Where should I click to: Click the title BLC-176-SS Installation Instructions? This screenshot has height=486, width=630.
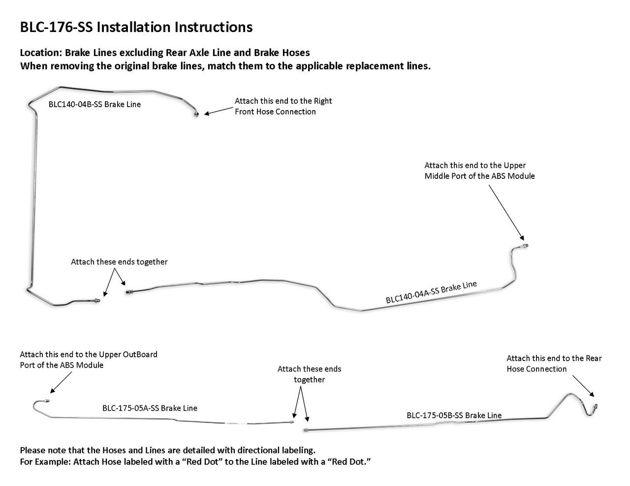tap(136, 28)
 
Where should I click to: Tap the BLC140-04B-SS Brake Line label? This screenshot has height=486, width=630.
tap(94, 104)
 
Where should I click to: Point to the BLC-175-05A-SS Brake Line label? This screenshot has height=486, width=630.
tap(150, 408)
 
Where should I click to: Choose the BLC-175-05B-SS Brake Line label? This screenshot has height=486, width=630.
tap(454, 415)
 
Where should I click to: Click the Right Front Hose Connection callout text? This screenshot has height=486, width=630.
tap(283, 106)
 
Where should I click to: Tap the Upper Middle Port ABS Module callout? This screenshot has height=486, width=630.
tap(479, 171)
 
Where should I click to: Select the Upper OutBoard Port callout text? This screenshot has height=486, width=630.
tap(89, 360)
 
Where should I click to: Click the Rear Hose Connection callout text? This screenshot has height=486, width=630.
tap(554, 364)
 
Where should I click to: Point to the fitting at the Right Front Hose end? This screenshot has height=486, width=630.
tap(196, 114)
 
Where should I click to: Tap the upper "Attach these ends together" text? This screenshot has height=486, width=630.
tap(119, 262)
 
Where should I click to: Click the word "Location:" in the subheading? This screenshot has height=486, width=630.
tap(41, 53)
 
